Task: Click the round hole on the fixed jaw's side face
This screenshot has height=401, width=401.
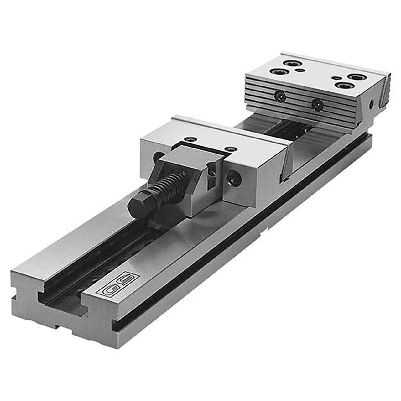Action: click(x=371, y=105)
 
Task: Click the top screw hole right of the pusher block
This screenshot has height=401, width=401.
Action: click(x=231, y=149)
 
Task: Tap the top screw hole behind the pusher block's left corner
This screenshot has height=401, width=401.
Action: click(x=190, y=139)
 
